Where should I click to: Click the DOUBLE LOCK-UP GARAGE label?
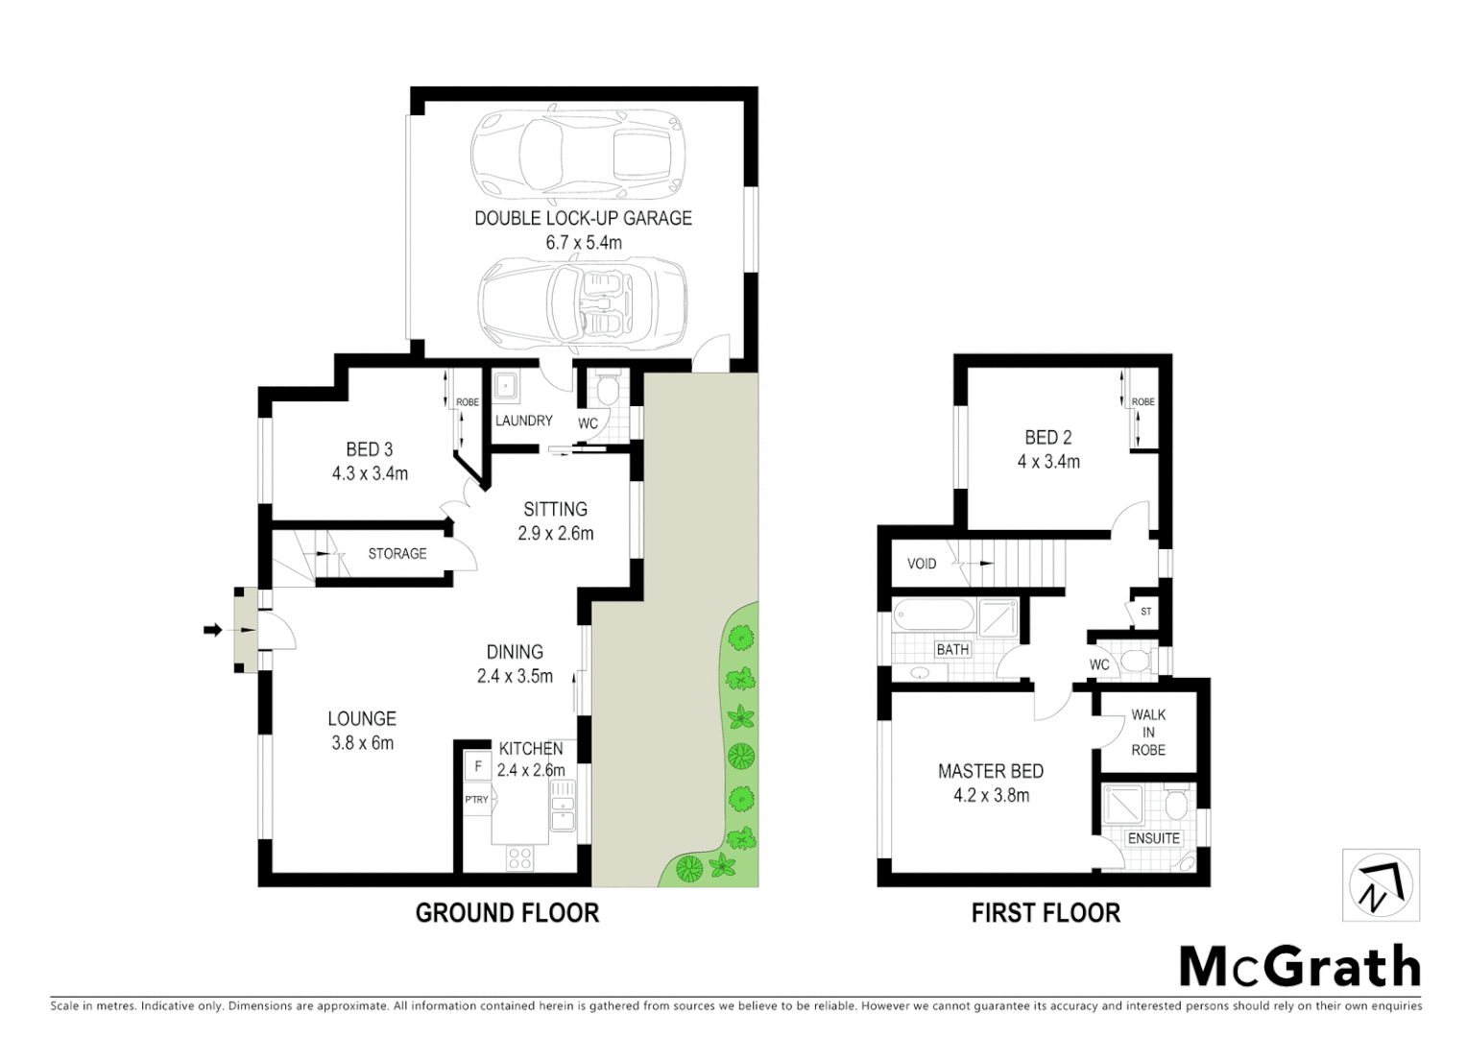(583, 218)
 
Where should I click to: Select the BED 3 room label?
(370, 449)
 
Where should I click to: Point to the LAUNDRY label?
(523, 421)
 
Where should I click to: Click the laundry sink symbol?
(506, 387)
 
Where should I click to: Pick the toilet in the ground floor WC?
(606, 390)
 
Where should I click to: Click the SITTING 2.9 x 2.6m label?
(555, 520)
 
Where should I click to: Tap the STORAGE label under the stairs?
(397, 554)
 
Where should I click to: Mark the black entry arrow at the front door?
(212, 630)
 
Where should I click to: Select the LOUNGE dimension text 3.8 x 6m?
(362, 743)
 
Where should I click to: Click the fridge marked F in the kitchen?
(477, 767)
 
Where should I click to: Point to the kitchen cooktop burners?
(520, 857)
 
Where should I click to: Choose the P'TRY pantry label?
(476, 800)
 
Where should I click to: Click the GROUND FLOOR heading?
(507, 913)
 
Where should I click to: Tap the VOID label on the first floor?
(922, 564)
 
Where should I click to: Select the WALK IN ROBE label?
(1148, 732)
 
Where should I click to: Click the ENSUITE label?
(1153, 838)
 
